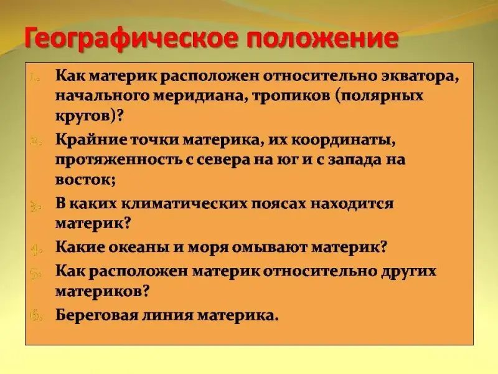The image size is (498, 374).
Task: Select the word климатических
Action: [x=184, y=204]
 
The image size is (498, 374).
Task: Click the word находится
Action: [x=352, y=204]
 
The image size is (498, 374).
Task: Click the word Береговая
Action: [x=97, y=315]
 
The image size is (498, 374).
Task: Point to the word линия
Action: [x=167, y=315]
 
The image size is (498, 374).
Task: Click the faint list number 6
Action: [x=35, y=315]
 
